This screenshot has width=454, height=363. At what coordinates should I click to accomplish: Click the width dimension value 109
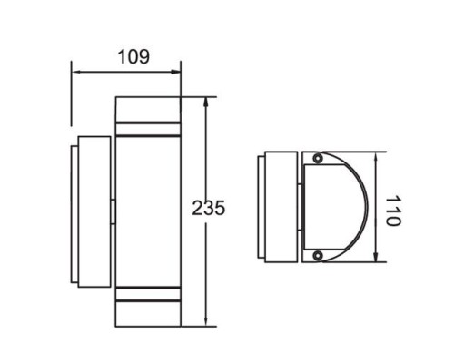tap(134, 56)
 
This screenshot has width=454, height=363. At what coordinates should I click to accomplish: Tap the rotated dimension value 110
tap(391, 211)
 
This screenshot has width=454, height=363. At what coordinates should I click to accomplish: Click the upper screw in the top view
tap(317, 160)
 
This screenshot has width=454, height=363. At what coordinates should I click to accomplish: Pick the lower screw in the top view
tap(317, 258)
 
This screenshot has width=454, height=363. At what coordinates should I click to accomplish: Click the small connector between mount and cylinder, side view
tap(113, 209)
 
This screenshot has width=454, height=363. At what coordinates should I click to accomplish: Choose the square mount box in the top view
tap(282, 209)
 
